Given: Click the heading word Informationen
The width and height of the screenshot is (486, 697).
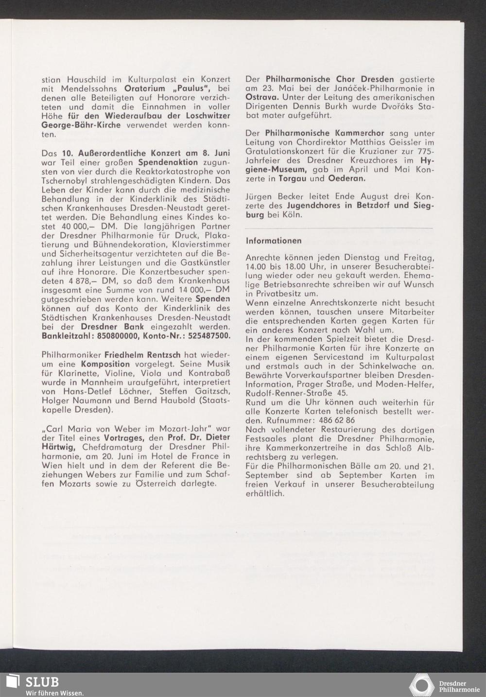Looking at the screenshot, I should tap(274, 241).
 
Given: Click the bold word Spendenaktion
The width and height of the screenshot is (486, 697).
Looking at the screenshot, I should tap(168, 162).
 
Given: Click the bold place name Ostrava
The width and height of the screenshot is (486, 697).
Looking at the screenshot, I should tap(261, 97).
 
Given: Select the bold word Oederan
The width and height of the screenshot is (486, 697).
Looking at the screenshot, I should tap(347, 178).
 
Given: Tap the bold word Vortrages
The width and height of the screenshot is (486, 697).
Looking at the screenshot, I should tap(128, 437).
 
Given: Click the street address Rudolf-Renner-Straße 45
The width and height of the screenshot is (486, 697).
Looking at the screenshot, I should tap(296, 393).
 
